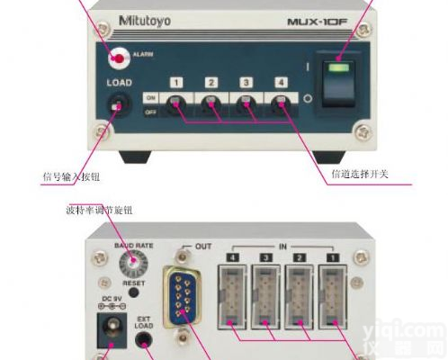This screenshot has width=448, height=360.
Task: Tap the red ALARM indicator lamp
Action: (x=118, y=58)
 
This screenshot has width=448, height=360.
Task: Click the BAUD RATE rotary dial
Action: (x=134, y=262)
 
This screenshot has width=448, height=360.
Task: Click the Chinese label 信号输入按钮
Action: (x=76, y=175)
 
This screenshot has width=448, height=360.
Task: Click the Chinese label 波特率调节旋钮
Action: (x=100, y=210)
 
